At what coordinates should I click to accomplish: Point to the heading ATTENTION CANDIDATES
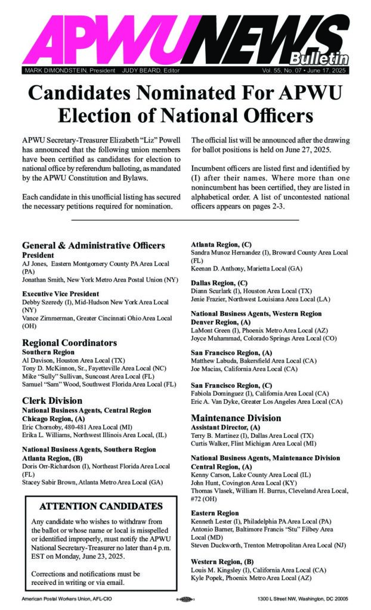tap(100, 506)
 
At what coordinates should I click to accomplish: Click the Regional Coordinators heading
tap(69, 343)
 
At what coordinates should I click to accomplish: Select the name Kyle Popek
tap(206, 579)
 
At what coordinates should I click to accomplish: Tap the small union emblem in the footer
tap(186, 598)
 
